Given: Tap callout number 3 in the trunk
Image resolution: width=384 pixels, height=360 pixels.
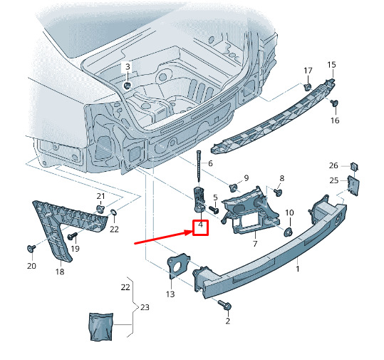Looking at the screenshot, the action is pos(128,66).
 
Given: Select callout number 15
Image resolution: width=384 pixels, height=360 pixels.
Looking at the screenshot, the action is pos(331,65).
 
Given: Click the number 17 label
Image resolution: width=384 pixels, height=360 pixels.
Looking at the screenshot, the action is pos(308,71).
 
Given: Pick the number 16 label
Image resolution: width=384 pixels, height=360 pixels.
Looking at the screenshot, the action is pos(335,120).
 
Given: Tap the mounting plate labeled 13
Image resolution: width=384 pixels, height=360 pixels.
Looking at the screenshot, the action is pos(178,267).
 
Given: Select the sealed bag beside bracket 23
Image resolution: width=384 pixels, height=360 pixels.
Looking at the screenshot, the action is pos(101,326).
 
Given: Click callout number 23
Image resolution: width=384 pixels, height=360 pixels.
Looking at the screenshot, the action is pos(145,307).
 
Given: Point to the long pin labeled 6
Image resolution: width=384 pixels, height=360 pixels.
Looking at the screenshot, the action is pos(199,167).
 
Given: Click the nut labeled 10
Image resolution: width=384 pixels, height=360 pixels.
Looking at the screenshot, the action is pos(289,232).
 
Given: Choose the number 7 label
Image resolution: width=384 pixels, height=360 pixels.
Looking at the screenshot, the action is pos(255,244).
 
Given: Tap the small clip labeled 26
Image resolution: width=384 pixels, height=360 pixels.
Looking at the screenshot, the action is pos(354,167).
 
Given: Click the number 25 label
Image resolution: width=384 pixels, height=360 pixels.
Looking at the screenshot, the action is pos(334,180).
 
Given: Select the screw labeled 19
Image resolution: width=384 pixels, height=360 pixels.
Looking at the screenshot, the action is pos(73,236).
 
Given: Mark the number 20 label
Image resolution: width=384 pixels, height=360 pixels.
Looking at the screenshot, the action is pos(31,266).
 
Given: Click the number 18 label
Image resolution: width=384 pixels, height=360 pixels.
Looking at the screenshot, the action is pos(60,272).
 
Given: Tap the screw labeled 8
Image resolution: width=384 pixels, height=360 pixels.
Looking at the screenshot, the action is pos(277,192).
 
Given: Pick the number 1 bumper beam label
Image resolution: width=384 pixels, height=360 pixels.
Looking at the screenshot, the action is pos(298,269).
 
